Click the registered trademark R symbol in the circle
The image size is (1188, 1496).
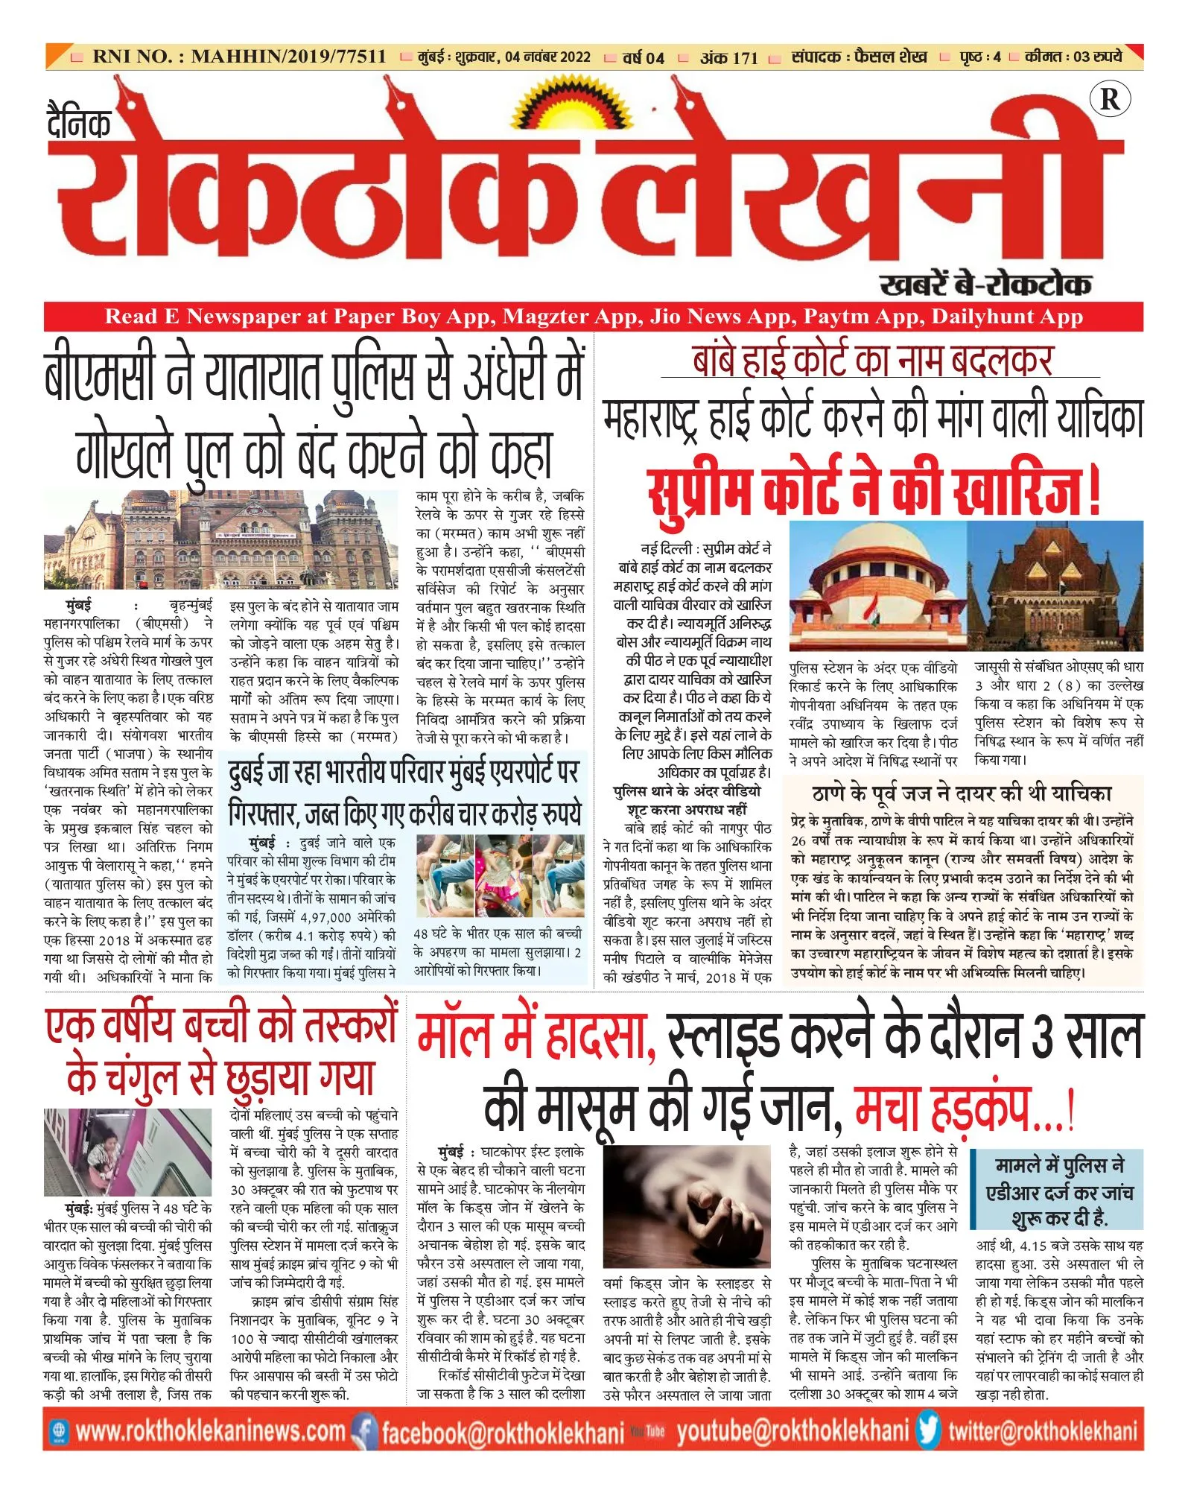[1109, 99]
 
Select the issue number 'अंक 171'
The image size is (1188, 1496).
[728, 57]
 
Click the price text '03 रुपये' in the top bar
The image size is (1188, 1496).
[1097, 57]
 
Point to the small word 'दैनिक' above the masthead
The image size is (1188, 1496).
[79, 123]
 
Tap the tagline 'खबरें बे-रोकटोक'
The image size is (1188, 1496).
[985, 285]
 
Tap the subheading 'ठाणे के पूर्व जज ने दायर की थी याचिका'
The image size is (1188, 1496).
[962, 793]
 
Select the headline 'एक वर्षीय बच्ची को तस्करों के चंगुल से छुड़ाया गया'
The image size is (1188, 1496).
[221, 1053]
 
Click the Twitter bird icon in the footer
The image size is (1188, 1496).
[928, 1430]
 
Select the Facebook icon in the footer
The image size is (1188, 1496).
[364, 1431]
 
